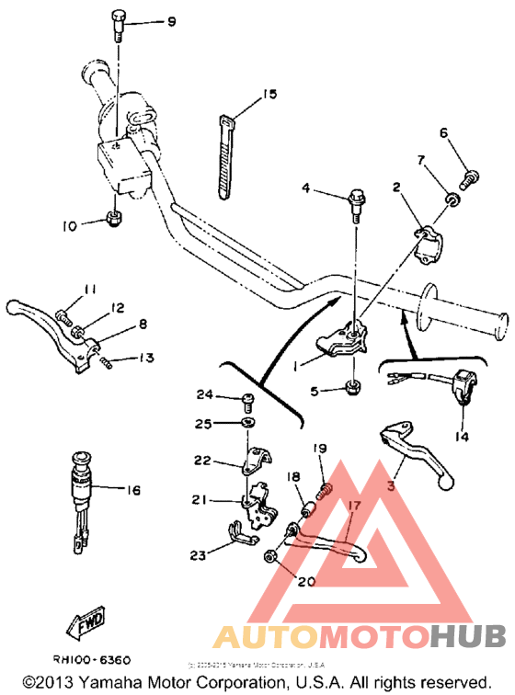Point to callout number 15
click(x=269, y=94)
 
